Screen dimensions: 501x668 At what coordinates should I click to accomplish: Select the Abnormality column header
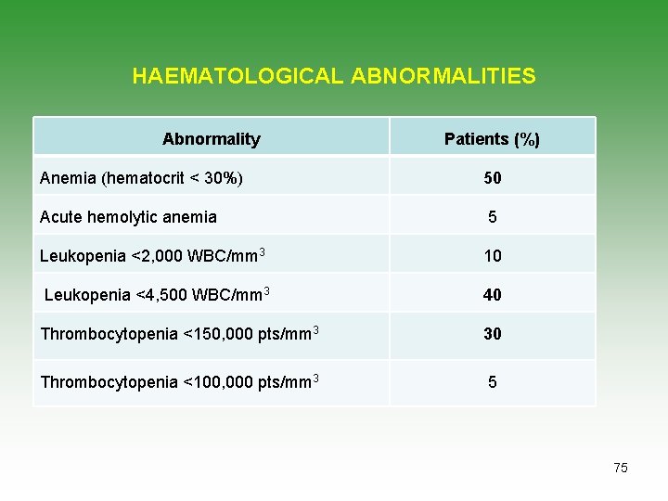point(212,139)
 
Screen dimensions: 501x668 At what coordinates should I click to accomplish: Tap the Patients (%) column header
point(492,139)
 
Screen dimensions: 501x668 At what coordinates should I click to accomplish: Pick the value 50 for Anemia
point(492,178)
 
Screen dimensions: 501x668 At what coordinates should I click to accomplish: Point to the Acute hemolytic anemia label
point(129,217)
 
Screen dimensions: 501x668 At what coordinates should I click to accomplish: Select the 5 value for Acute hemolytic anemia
point(493,217)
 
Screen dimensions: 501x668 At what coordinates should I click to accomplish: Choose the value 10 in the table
point(492,256)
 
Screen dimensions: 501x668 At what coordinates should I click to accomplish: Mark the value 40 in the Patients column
point(492,295)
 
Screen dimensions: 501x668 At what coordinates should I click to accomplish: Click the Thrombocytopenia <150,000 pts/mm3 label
point(180,333)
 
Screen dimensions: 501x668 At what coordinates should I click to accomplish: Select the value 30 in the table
point(492,334)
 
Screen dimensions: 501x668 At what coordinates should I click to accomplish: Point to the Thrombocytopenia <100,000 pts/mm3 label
point(180,381)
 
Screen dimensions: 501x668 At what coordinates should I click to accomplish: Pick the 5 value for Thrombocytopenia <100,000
point(493,381)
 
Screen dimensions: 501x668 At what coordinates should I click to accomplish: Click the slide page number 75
point(621,468)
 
